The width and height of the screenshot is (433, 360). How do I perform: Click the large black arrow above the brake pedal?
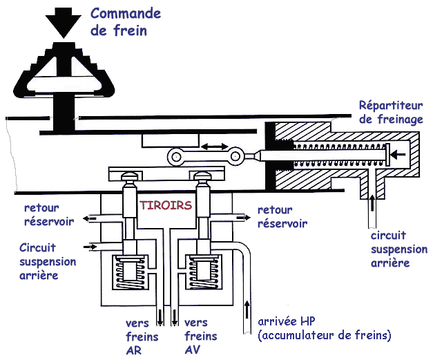[64, 22]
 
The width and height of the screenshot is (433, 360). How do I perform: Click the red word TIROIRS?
[166, 205]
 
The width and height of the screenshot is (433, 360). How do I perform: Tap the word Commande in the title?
[126, 14]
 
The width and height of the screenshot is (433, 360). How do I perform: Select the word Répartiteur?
[391, 106]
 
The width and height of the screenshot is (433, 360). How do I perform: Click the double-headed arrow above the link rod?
[215, 146]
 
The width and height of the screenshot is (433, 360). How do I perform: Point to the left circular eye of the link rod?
[175, 158]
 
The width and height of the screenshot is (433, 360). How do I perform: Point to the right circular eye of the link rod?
[235, 157]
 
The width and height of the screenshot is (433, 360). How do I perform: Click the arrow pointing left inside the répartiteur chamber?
[398, 155]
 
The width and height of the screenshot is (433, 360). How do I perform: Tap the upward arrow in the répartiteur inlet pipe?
[372, 203]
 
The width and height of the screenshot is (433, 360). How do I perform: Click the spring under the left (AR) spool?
[130, 272]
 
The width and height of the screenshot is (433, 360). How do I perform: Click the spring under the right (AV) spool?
[203, 272]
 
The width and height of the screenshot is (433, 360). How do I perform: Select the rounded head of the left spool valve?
[130, 176]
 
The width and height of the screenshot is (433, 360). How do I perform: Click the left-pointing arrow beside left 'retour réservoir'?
[90, 219]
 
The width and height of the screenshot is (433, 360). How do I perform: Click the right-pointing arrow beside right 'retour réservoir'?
[244, 218]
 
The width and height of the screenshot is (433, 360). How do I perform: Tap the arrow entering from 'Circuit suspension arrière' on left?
[90, 246]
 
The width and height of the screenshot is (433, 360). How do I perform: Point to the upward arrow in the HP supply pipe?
[247, 310]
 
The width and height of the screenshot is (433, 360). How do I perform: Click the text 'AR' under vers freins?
[134, 350]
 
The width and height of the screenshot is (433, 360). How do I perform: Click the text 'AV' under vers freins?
[193, 350]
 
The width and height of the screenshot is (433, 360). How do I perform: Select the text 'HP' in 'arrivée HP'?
[307, 321]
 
